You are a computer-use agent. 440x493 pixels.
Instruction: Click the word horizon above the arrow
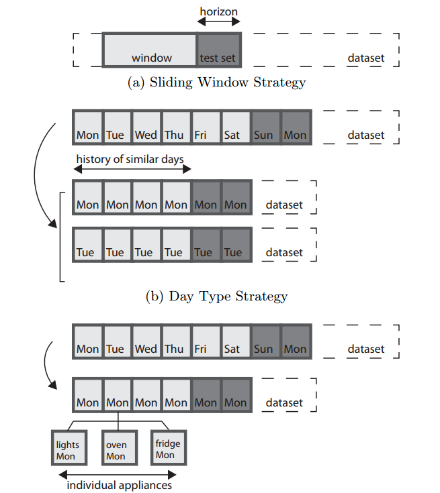[218, 11]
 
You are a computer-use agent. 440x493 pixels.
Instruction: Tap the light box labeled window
[150, 50]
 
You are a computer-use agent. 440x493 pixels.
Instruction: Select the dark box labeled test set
[218, 50]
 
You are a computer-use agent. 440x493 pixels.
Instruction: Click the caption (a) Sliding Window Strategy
[216, 83]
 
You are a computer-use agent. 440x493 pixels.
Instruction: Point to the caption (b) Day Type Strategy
[216, 296]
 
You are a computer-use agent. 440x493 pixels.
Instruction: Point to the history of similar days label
[130, 159]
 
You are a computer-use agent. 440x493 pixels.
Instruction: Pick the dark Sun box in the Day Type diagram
[264, 127]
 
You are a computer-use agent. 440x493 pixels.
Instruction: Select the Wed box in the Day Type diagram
[146, 127]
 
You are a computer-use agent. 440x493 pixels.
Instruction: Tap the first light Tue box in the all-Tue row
[85, 245]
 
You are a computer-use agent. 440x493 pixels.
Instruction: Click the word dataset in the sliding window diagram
[366, 58]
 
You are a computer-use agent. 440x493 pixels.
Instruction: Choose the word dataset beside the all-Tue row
[284, 253]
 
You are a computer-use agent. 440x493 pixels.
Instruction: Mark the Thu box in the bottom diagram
[175, 341]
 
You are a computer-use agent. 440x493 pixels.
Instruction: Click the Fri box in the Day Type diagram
[205, 127]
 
